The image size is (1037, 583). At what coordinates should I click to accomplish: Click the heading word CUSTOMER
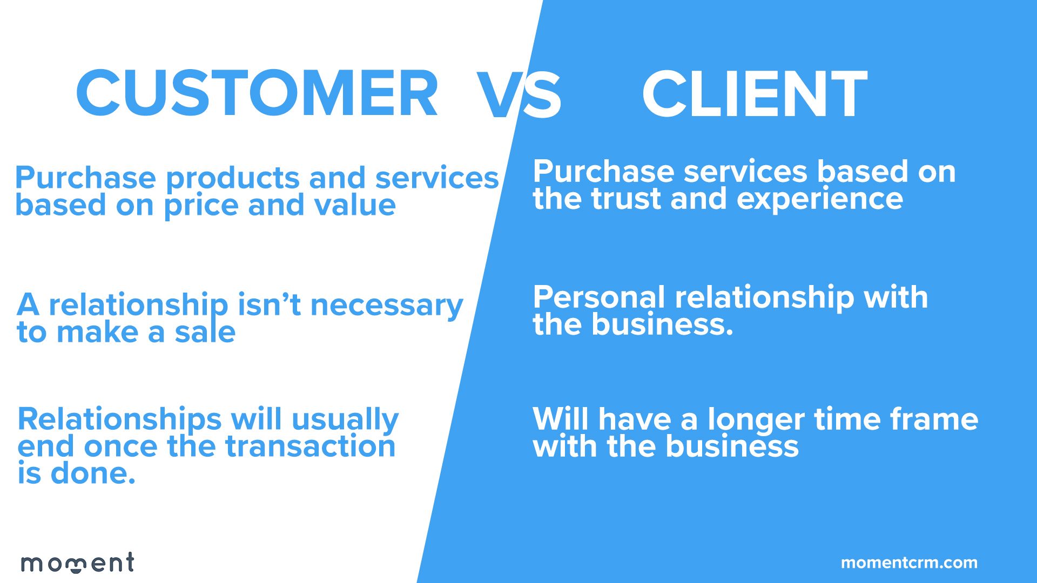click(257, 93)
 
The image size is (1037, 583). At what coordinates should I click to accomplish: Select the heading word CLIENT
click(755, 93)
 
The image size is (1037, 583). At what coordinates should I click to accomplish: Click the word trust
click(625, 199)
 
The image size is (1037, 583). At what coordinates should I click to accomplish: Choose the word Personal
click(599, 297)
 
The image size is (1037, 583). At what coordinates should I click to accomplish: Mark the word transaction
click(310, 446)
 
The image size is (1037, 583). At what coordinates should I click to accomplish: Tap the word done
click(92, 473)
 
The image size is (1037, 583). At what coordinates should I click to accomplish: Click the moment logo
click(77, 562)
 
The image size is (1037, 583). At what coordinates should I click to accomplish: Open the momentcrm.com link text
click(909, 563)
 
